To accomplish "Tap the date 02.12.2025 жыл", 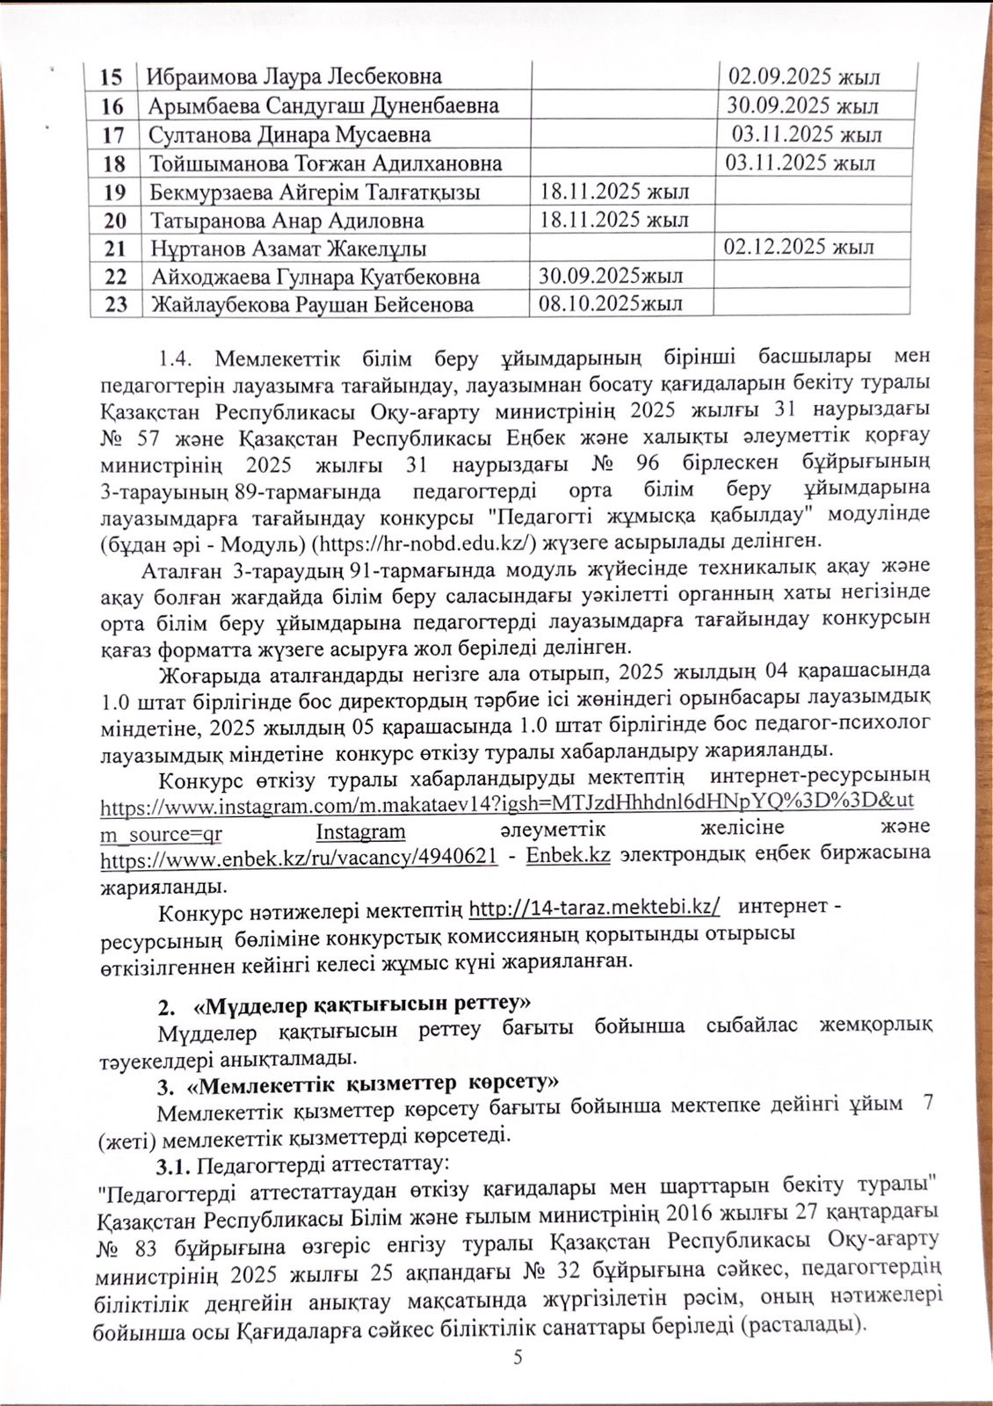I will click(x=799, y=247).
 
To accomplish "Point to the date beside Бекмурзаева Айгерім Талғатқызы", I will click(x=614, y=192).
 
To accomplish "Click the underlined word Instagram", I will click(x=360, y=830).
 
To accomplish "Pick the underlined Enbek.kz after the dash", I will click(x=568, y=856).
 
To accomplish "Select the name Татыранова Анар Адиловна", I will click(x=286, y=221).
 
